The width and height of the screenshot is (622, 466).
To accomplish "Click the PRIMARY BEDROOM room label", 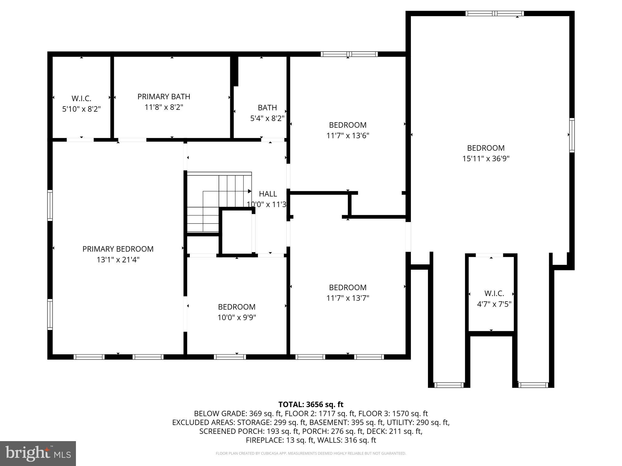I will pos(118,249).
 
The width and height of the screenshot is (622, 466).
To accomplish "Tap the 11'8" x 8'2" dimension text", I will pos(164,107).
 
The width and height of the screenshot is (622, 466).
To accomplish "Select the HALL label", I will pos(268,194).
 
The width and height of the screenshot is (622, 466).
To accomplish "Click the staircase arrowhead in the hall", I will pos(250,191).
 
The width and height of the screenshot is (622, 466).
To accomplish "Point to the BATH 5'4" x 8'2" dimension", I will pos(267,118).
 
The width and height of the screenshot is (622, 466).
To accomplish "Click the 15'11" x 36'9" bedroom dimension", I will pos(486,159).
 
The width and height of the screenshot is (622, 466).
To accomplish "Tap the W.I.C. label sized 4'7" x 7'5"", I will pos(494,293).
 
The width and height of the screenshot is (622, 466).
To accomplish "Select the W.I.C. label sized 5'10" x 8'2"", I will pos(81,99).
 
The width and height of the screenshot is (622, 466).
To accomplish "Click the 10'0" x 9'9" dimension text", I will pos(237,318).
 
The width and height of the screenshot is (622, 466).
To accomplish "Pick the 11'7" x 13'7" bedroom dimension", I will pos(348,298).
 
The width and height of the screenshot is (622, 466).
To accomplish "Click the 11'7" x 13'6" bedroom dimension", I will pos(348,136).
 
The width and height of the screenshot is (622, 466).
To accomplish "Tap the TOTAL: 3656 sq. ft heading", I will pos(311,404).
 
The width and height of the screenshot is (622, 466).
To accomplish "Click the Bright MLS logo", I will pos(38,453).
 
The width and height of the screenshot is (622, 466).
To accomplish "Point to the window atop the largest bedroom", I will pos(494,13).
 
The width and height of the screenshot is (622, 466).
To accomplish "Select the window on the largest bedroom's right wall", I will pos(572,135).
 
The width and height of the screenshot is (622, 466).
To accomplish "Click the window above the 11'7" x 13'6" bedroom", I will pos(349,54).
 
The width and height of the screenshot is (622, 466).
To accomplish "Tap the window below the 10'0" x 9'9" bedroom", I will pos(230,357).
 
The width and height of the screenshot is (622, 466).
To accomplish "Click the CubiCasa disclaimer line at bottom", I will pos(311,453).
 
